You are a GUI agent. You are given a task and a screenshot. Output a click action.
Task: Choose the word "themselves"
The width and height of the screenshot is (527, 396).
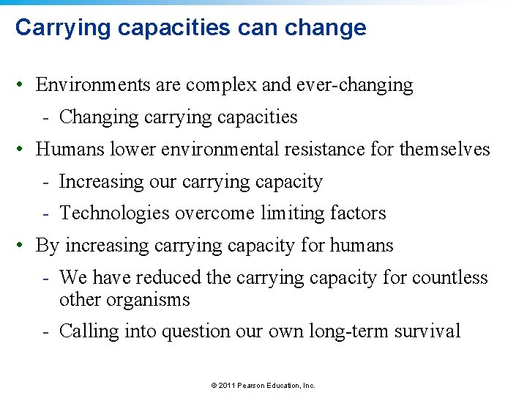pyautogui.click(x=445, y=150)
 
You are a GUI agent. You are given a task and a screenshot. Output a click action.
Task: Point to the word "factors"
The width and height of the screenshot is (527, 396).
pyautogui.click(x=358, y=213)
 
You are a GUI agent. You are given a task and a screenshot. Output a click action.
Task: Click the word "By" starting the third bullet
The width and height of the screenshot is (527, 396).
pyautogui.click(x=47, y=246)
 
